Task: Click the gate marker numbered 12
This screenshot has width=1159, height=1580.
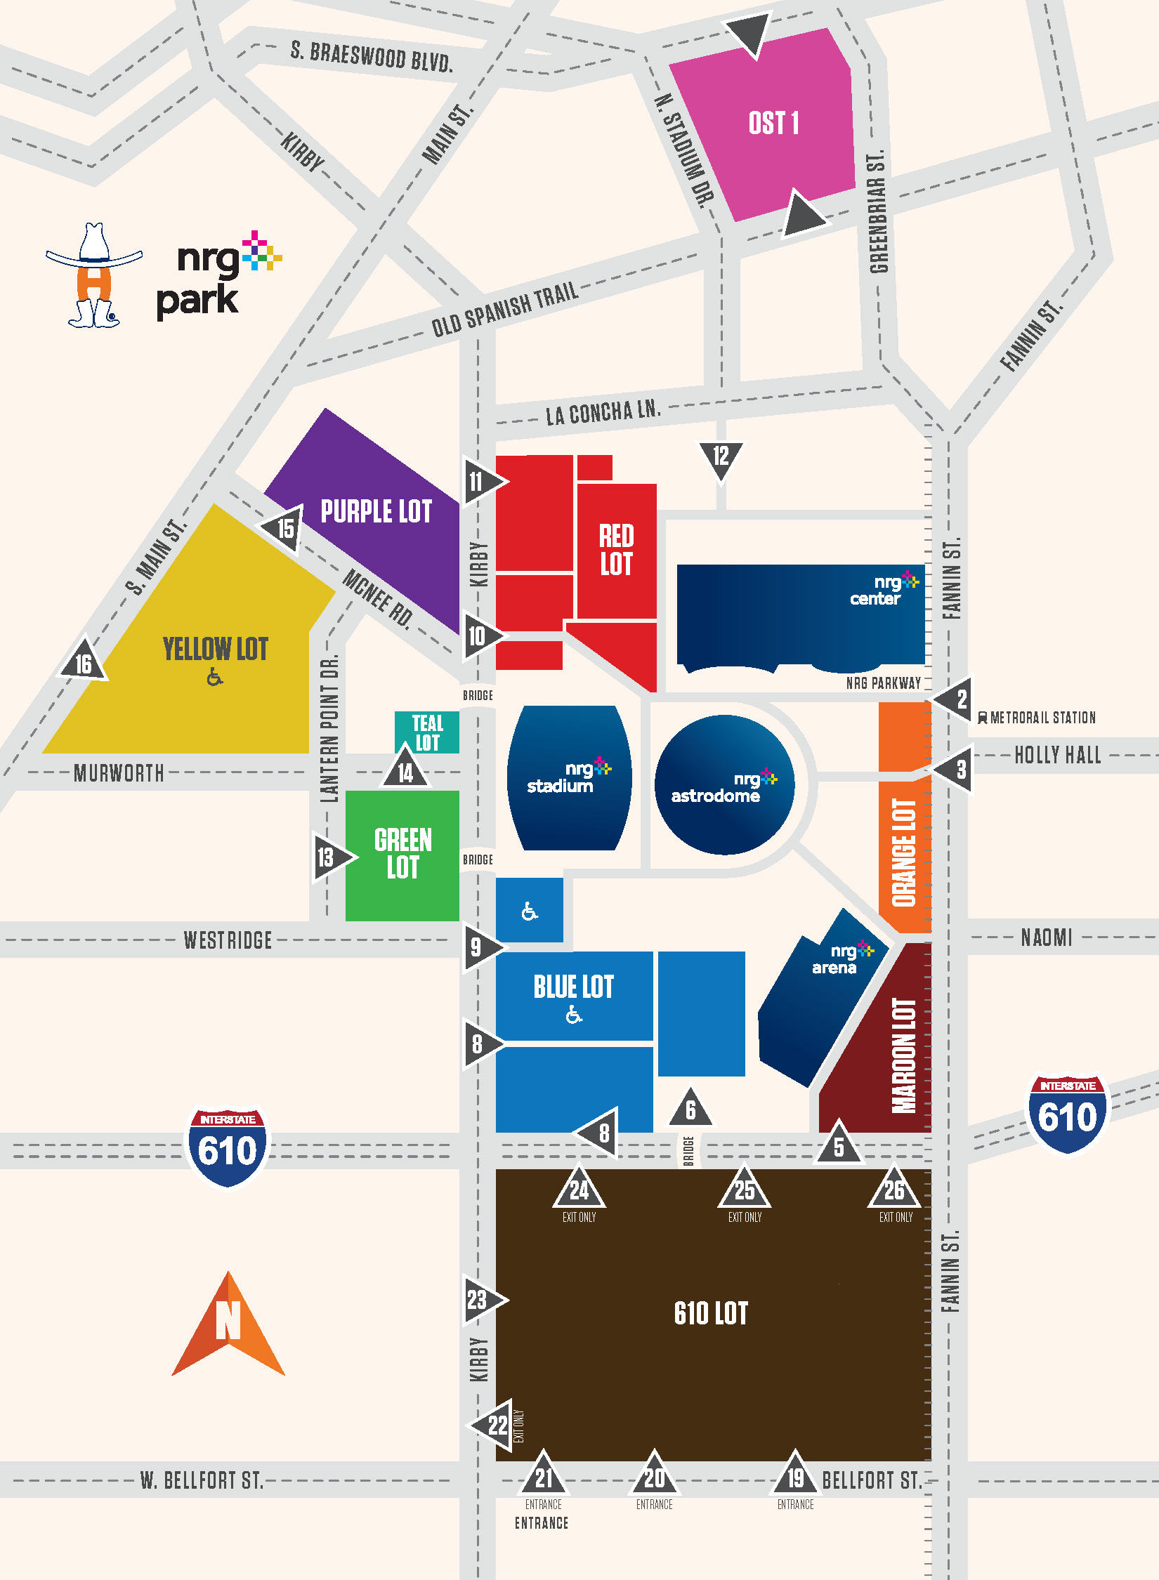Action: point(721,458)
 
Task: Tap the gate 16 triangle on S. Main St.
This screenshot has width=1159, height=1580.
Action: point(84,662)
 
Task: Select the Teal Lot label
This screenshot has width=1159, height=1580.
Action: point(427,732)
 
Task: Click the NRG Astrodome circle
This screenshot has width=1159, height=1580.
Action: point(724,785)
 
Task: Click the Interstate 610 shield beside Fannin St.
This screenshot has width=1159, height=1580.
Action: point(1067,1113)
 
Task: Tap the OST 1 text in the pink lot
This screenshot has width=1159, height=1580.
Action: point(773,124)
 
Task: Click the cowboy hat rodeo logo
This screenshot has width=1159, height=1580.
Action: point(94,276)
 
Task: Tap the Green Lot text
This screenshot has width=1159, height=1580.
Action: point(402,854)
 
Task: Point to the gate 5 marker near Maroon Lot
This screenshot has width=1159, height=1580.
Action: point(839,1145)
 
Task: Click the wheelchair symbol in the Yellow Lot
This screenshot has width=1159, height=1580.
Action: point(215,678)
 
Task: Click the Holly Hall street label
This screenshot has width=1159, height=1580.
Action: point(1057,756)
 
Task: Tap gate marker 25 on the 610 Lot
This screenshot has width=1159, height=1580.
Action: point(744,1189)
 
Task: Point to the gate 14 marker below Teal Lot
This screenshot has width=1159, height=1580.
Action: point(405,770)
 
